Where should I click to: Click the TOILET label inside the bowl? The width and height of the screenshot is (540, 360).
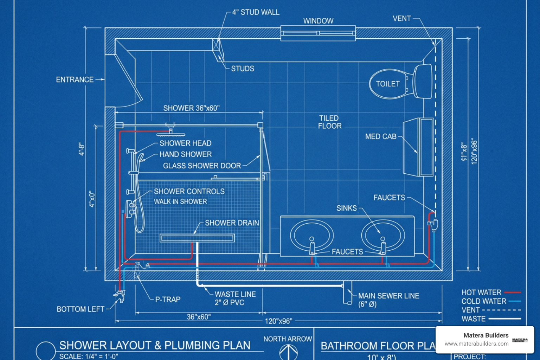click(388, 84)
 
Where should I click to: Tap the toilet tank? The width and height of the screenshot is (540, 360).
click(423, 82)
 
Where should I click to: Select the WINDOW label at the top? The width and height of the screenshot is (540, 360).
click(318, 21)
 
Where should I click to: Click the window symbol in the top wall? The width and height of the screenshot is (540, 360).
click(318, 33)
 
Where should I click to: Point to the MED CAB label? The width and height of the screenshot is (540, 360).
click(381, 136)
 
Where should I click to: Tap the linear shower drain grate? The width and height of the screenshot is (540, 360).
click(197, 238)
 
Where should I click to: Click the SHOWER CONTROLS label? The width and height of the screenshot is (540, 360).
click(189, 192)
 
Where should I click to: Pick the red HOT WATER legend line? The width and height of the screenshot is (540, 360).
click(512, 292)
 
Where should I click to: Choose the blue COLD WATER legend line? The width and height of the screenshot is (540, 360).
click(514, 301)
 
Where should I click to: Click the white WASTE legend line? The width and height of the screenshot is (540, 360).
click(505, 319)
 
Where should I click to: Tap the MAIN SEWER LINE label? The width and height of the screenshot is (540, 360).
click(388, 296)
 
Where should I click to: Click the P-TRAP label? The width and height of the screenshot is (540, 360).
click(168, 300)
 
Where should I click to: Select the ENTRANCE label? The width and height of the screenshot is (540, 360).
click(75, 80)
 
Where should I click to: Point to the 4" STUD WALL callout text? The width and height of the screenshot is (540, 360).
click(256, 12)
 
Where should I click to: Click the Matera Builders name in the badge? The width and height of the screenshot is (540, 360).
click(486, 335)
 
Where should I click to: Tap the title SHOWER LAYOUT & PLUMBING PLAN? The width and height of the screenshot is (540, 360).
click(155, 345)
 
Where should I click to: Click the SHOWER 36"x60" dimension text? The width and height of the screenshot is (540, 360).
click(191, 108)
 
